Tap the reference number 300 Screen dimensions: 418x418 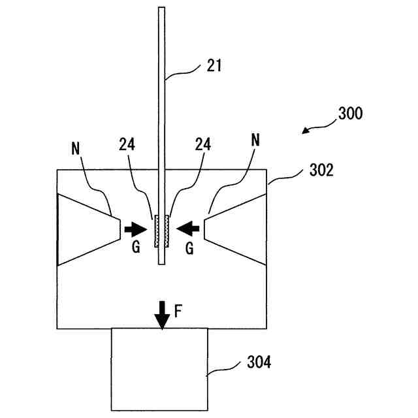pos(350,112)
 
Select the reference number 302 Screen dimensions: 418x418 pos(321,171)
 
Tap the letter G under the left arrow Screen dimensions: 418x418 pos(135,249)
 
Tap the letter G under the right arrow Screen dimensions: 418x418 pos(189,249)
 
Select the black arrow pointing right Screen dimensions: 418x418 pos(136,229)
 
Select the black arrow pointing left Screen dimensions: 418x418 pos(189,229)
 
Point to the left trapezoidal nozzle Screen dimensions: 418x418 pos(88,229)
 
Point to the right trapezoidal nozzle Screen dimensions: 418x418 pos(235,229)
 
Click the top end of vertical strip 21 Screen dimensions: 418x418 pos(161,9)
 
